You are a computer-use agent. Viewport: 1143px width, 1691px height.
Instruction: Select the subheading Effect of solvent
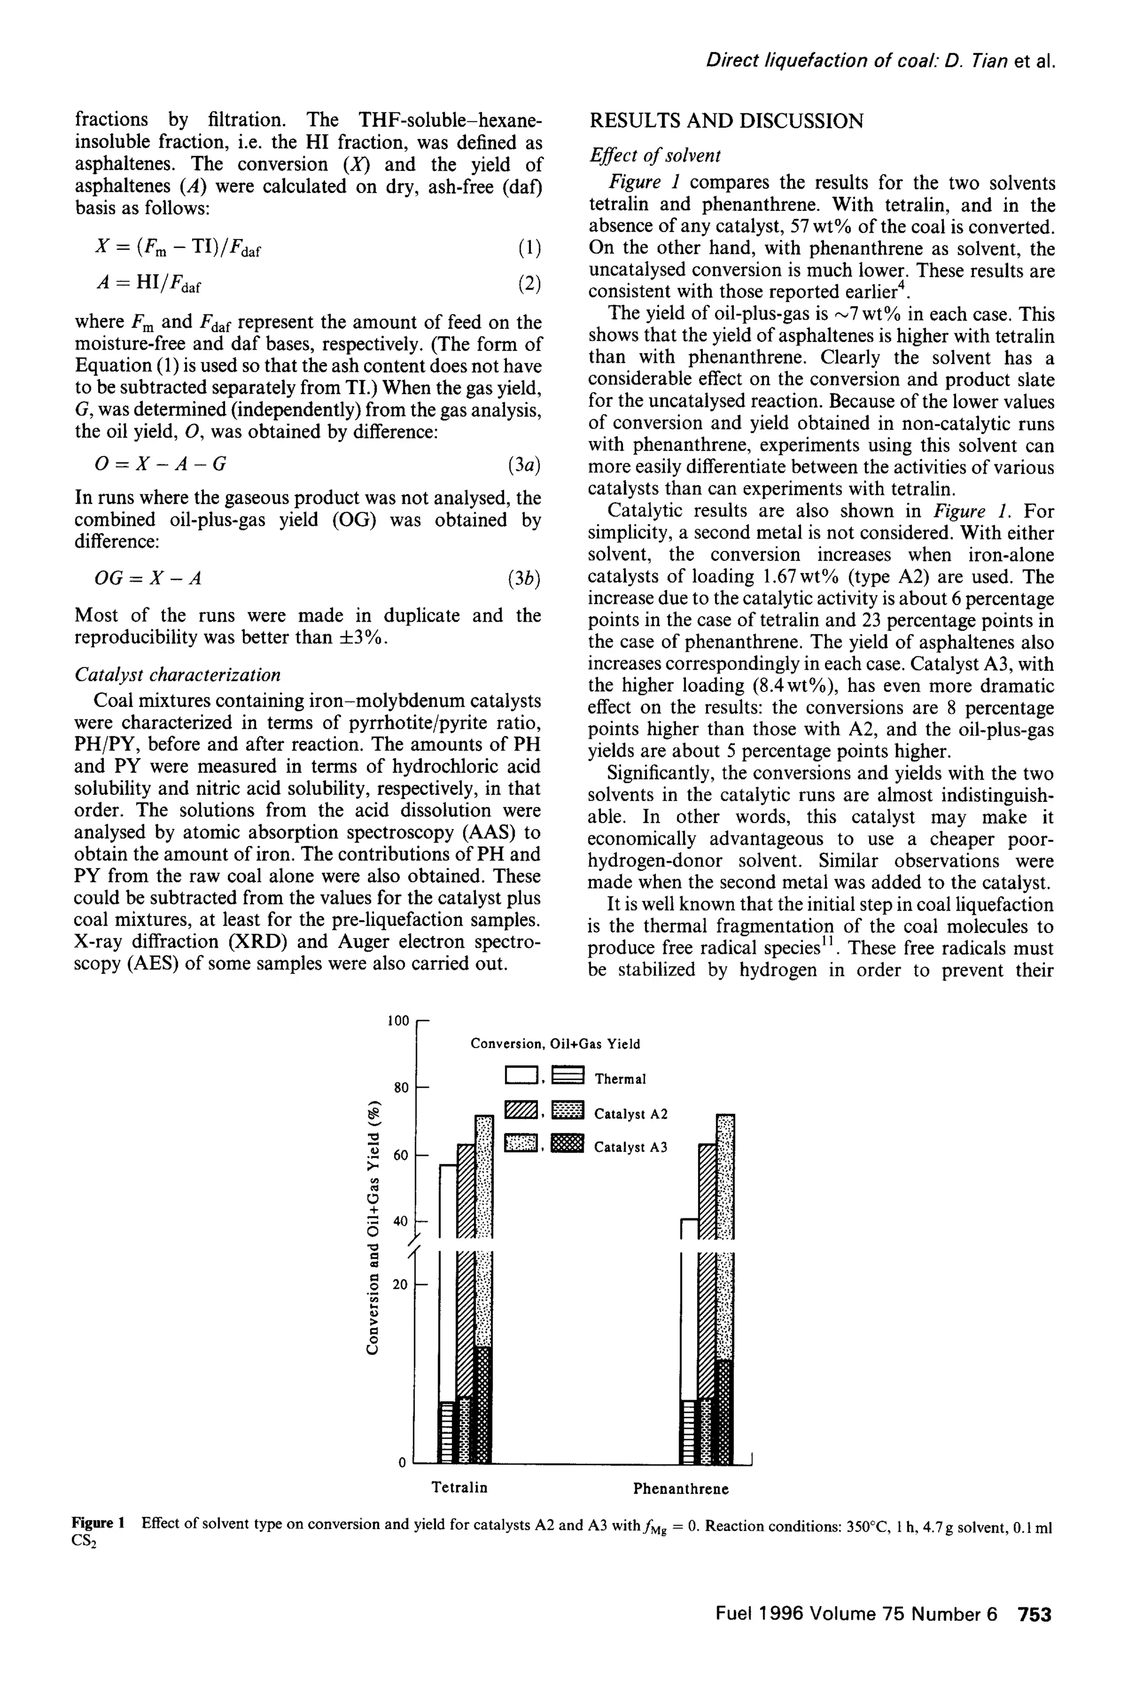[654, 155]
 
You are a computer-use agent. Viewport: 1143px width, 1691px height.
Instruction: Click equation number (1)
[529, 249]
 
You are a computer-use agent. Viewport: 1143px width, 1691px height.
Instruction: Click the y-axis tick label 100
[398, 1020]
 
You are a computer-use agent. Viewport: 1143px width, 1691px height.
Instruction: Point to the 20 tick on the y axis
[401, 1285]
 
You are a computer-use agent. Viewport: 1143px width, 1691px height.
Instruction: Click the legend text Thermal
[620, 1079]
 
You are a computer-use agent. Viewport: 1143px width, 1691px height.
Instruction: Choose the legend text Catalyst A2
[630, 1114]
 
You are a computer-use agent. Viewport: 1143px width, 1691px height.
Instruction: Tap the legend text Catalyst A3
[630, 1147]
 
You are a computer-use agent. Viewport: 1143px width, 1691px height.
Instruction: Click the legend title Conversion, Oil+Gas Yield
[555, 1044]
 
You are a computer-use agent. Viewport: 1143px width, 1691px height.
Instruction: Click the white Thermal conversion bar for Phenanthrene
[688, 1310]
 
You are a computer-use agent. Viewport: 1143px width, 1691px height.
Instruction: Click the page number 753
[1035, 1615]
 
